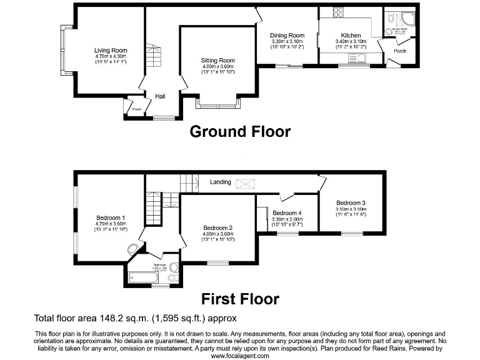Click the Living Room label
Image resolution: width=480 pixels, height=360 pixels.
pos(111,51)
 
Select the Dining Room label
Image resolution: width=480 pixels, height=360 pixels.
pos(287,36)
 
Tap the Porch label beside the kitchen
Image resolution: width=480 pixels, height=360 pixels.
pos(399,51)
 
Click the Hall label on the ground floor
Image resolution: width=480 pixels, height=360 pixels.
pos(160,96)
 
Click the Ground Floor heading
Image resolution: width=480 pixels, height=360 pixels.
pos(239,132)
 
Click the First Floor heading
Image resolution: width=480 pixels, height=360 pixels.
pos(239,299)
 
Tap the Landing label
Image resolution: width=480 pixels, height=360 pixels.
pos(220,182)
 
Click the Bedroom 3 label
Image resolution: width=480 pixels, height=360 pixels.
pos(351,202)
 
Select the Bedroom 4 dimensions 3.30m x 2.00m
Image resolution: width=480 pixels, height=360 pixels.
pos(287,219)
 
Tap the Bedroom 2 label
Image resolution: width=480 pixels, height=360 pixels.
pos(217,227)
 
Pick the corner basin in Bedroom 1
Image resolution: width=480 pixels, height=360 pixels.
pos(133,249)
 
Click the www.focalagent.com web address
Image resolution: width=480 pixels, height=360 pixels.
pos(239,356)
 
